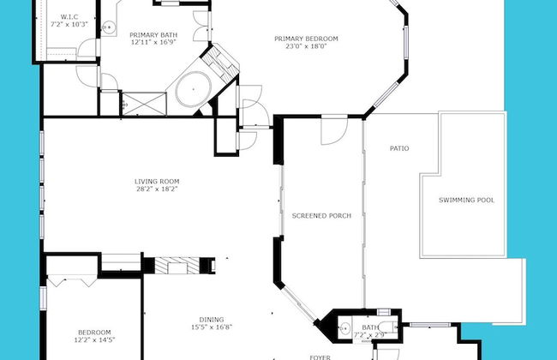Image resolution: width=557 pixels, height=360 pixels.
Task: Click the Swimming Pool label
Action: click(x=466, y=200)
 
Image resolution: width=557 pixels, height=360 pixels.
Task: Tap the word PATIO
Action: click(x=399, y=148)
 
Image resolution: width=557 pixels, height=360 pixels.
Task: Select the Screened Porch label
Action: click(x=320, y=215)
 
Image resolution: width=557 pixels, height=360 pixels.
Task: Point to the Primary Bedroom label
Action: click(x=306, y=39)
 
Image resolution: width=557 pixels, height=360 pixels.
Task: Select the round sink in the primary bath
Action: click(x=110, y=28)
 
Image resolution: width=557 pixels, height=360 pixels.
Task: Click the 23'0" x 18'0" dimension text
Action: click(x=306, y=47)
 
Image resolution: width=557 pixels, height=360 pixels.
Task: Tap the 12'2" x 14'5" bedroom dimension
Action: click(x=94, y=341)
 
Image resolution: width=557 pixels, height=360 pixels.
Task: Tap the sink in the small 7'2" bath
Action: click(x=345, y=327)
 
